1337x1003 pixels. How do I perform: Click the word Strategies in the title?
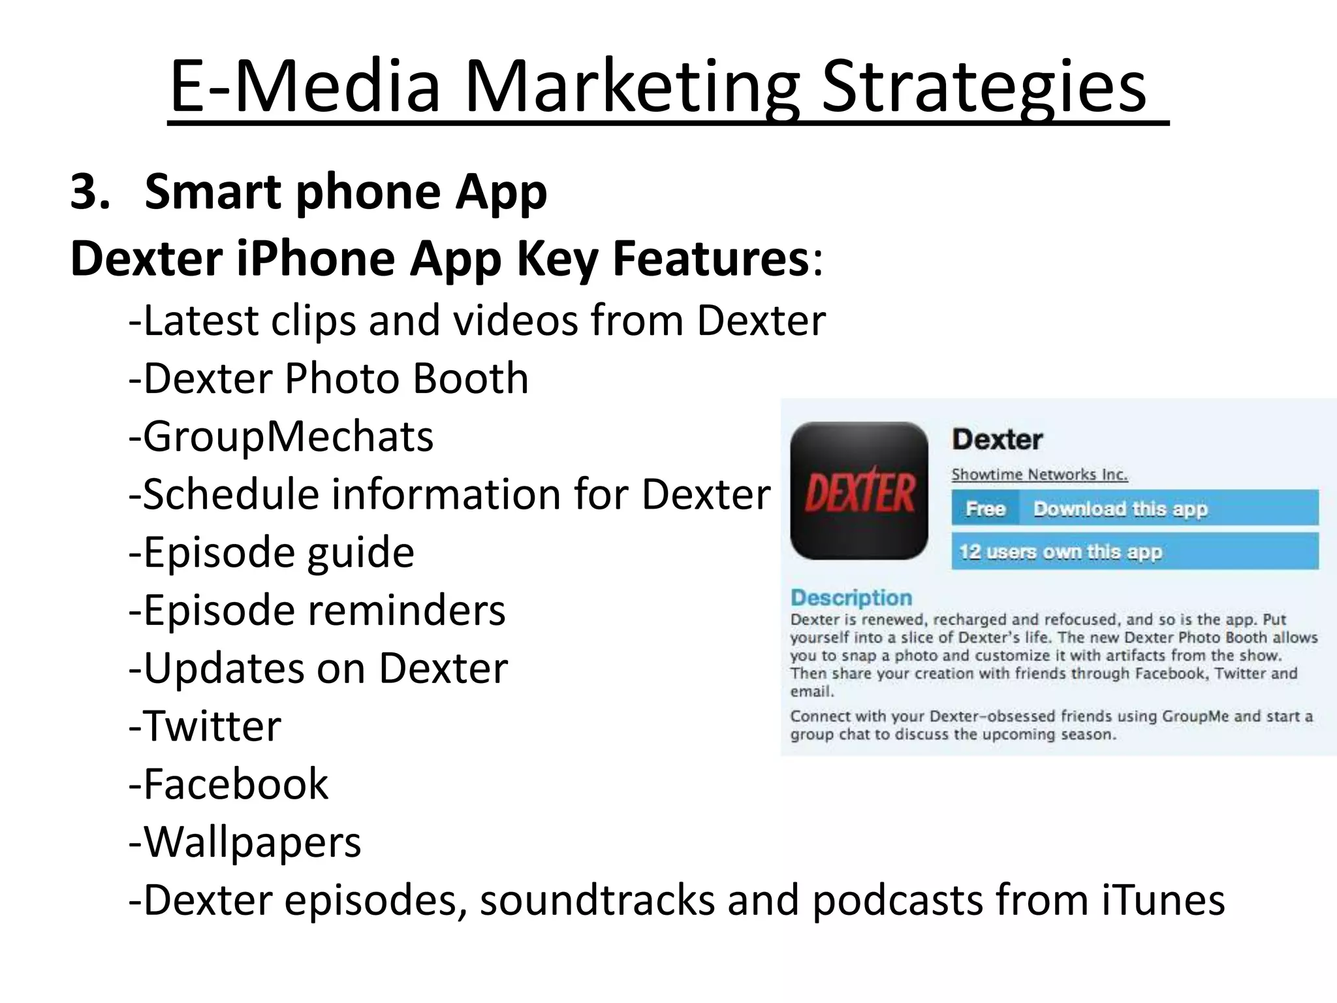[x=983, y=87]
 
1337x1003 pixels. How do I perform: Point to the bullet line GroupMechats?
[x=281, y=436]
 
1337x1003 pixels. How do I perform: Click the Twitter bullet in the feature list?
[x=206, y=726]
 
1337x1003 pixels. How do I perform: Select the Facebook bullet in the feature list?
[x=229, y=784]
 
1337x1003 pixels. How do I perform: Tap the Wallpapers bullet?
[x=245, y=842]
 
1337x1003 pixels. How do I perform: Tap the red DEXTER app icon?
[x=859, y=491]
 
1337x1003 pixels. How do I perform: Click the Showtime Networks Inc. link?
[x=1039, y=475]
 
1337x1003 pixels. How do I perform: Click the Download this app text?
[x=1120, y=509]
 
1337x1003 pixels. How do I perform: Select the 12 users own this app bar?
[x=1134, y=552]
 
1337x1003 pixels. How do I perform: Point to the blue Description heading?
[x=851, y=597]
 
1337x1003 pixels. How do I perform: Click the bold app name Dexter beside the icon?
[x=997, y=439]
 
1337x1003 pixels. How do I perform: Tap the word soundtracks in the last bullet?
[x=597, y=900]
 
